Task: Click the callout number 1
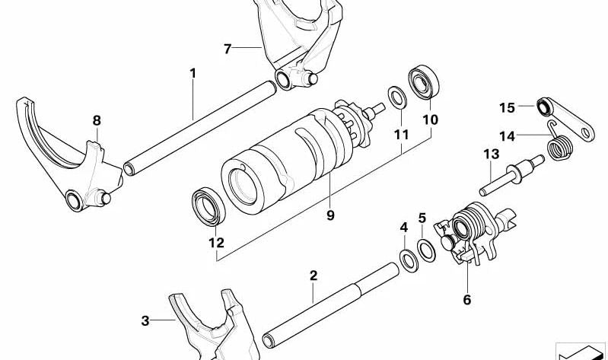[x=193, y=73]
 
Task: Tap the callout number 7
[x=227, y=49]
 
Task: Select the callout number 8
[x=97, y=120]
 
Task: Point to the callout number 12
[x=216, y=243]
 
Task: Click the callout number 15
[x=508, y=107]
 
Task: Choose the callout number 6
[x=466, y=300]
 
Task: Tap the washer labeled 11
[x=396, y=97]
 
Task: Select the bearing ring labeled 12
[x=206, y=206]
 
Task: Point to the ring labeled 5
[x=428, y=250]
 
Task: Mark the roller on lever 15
[x=544, y=105]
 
